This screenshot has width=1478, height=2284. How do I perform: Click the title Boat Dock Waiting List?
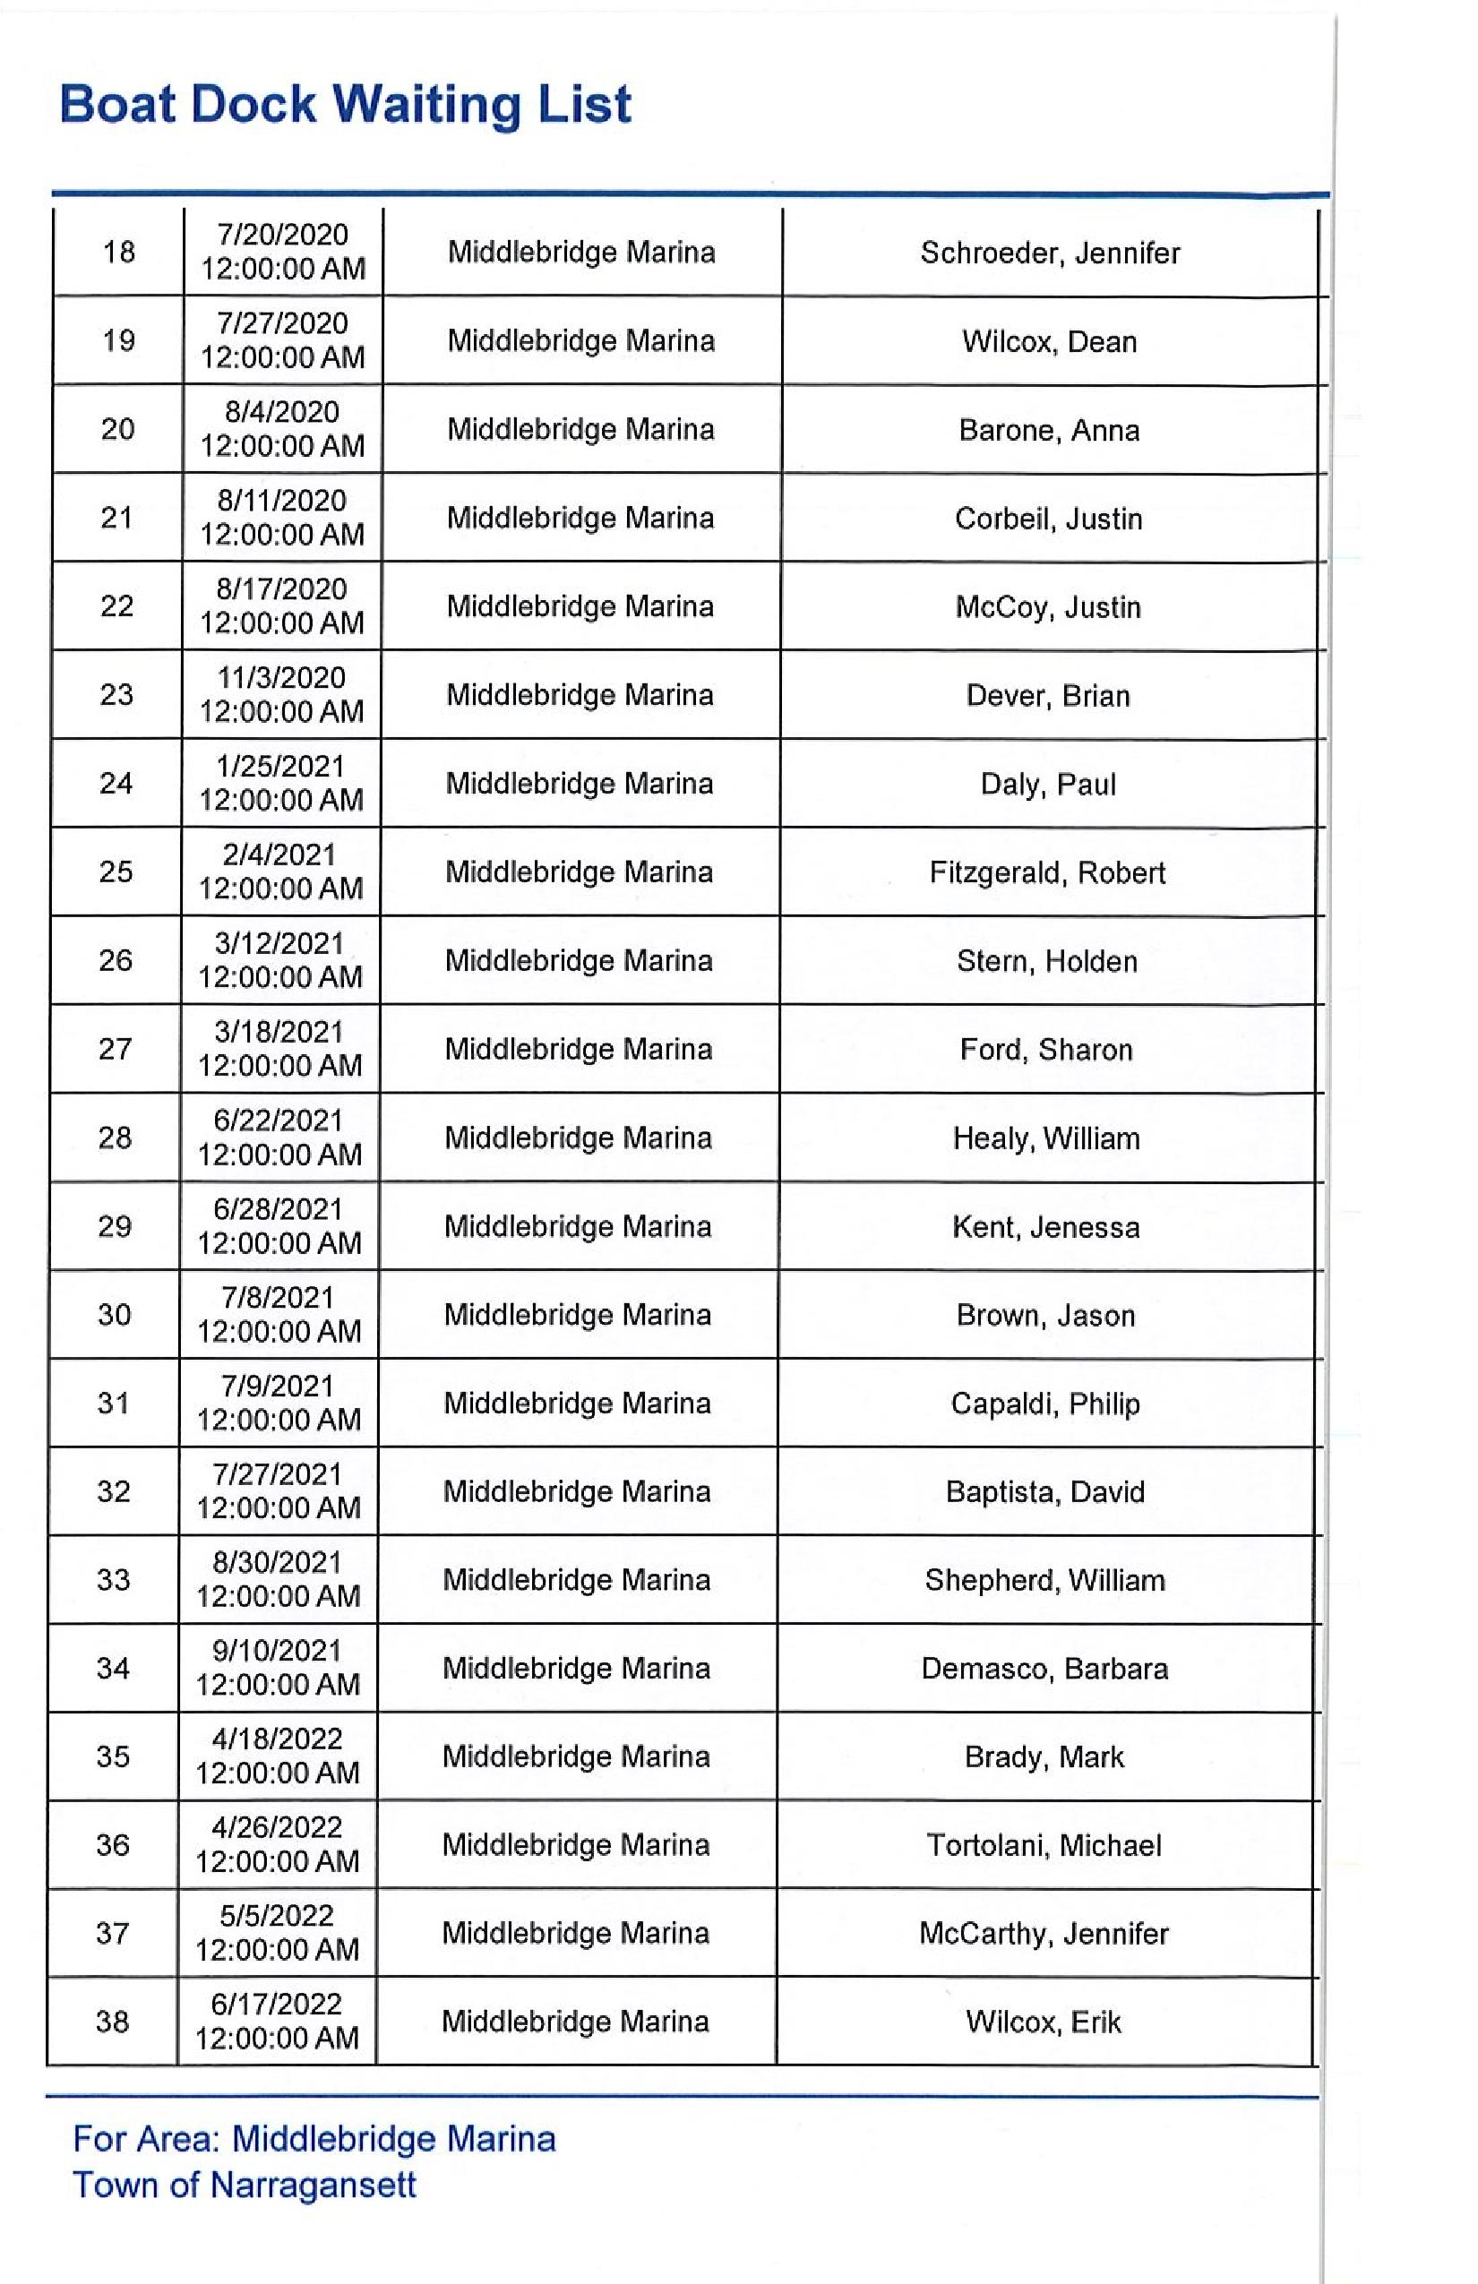(346, 104)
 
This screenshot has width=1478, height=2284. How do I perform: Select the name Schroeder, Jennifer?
(1050, 253)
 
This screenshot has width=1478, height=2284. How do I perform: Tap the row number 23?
(117, 694)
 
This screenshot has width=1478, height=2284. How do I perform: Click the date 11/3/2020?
(281, 677)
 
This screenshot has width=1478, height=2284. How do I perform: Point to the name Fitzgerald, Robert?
(1047, 872)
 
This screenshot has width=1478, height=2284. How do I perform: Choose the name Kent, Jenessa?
(1046, 1226)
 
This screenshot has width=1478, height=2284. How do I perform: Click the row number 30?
(115, 1314)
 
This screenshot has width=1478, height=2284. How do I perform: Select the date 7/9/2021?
(278, 1386)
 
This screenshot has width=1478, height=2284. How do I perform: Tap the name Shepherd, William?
(1045, 1580)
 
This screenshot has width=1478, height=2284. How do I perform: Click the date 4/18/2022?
(278, 1739)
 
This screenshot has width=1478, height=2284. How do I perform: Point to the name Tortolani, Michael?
(1044, 1844)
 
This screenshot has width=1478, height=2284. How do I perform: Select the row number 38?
(112, 2022)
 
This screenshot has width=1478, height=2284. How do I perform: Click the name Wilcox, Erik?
(1044, 2022)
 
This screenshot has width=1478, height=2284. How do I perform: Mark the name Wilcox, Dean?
(1049, 341)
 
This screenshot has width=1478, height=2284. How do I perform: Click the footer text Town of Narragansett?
(245, 2185)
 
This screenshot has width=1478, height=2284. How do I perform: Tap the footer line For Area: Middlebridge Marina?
(314, 2139)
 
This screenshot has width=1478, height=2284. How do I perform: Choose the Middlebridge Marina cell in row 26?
(579, 960)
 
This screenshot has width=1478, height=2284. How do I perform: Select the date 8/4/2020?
(282, 412)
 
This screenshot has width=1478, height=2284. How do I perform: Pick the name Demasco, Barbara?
(1044, 1668)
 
